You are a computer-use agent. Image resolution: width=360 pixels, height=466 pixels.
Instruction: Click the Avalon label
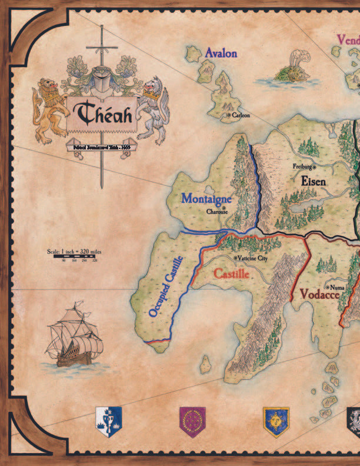tap(221, 54)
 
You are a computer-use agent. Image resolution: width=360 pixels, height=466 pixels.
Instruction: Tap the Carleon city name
tap(241, 115)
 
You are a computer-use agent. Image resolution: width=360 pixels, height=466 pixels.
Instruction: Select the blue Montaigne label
tap(206, 199)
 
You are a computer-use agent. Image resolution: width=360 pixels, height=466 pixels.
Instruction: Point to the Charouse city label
tap(216, 212)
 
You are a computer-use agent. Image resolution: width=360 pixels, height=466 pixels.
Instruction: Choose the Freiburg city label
tap(302, 167)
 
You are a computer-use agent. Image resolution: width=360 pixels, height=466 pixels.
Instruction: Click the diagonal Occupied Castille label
tap(166, 287)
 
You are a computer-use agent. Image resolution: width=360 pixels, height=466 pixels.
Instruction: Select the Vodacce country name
tap(319, 294)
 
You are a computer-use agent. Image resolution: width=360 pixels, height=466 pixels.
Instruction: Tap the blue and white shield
tap(108, 421)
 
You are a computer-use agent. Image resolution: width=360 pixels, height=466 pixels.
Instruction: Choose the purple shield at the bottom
tap(192, 421)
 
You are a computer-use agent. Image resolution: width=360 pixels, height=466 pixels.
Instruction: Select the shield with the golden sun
tap(276, 421)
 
